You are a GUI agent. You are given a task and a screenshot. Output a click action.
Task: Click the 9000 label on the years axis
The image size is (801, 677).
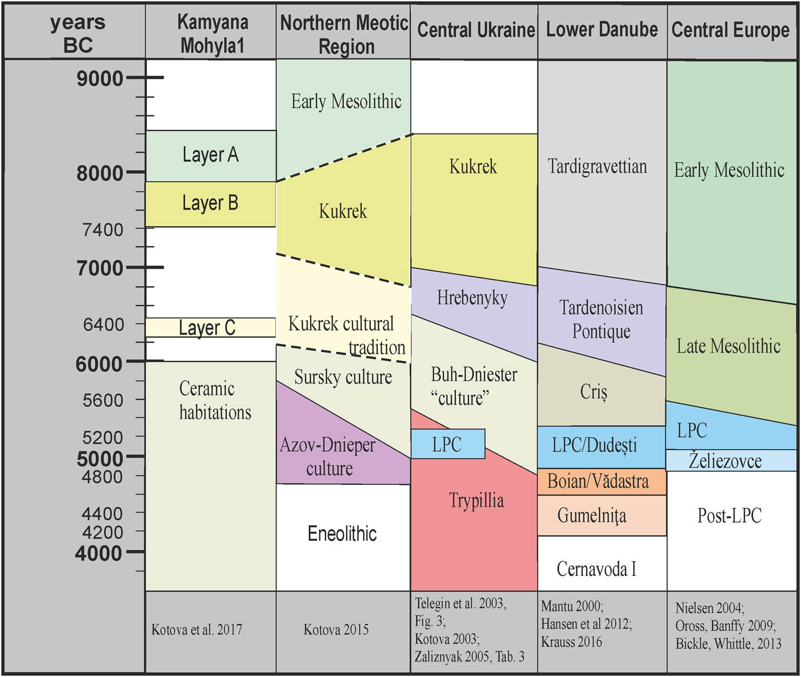[x=100, y=79]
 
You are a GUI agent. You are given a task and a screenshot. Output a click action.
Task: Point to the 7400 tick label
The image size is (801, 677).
[x=103, y=230]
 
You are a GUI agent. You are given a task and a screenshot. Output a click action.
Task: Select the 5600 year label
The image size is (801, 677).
[x=103, y=400]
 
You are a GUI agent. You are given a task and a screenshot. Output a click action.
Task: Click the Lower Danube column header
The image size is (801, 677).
[x=602, y=30]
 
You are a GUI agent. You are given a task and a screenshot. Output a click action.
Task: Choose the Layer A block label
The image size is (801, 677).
[x=210, y=155]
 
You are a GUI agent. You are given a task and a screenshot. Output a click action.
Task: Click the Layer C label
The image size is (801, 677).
[x=207, y=327]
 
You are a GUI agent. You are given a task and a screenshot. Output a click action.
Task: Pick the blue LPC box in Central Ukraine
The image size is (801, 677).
[x=448, y=444]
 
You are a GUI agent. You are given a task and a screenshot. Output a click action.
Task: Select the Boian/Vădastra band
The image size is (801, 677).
[x=598, y=482]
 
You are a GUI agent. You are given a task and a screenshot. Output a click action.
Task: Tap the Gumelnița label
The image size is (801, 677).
[x=592, y=515]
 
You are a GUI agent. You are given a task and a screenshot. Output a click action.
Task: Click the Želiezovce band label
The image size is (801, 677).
[x=725, y=460]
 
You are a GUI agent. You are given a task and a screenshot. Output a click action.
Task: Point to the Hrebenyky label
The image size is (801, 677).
[x=472, y=298]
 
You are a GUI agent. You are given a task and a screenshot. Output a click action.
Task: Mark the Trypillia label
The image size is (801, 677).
[x=476, y=500]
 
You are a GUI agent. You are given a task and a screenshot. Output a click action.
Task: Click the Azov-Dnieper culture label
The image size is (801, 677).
[x=328, y=457]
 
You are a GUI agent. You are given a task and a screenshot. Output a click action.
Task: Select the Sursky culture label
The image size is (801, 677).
[x=343, y=377]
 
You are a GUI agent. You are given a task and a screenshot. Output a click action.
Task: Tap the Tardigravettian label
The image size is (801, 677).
[x=597, y=167]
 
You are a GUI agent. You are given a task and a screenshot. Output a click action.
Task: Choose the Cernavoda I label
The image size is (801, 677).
[x=596, y=569]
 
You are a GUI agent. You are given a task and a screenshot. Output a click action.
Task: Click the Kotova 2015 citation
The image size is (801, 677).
[x=336, y=630]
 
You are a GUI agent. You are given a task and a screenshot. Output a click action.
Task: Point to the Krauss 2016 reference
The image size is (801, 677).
[x=572, y=642]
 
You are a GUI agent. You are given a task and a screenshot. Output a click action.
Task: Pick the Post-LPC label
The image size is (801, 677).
[x=729, y=515]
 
